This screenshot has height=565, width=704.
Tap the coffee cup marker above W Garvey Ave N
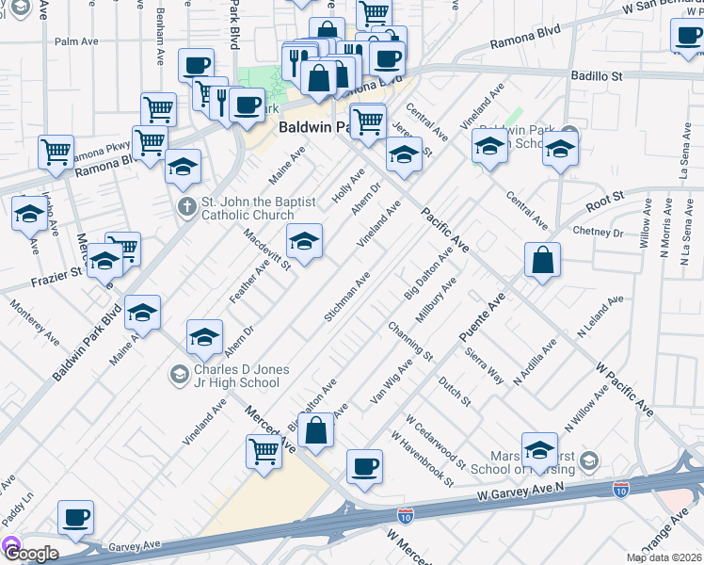(364, 467)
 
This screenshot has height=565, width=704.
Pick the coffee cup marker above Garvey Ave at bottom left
(76, 518)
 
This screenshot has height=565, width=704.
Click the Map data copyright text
(664, 557)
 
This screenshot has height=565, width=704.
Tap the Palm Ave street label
(76, 41)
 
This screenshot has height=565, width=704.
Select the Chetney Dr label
(598, 231)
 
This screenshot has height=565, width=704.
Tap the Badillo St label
(597, 74)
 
